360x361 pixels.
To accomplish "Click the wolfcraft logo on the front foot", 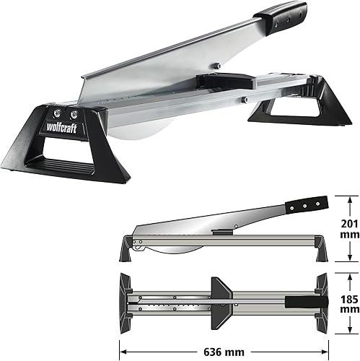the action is (61, 128).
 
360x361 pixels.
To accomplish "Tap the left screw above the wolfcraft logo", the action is (58, 113).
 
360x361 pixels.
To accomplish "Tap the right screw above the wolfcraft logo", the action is (74, 115).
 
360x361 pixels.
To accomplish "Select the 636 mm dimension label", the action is (224, 352).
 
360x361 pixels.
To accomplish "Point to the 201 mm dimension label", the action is (350, 229).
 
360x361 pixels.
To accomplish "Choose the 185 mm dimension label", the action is (350, 304).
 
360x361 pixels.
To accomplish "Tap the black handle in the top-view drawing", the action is (307, 302).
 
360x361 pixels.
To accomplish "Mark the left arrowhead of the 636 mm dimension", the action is (123, 352).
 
